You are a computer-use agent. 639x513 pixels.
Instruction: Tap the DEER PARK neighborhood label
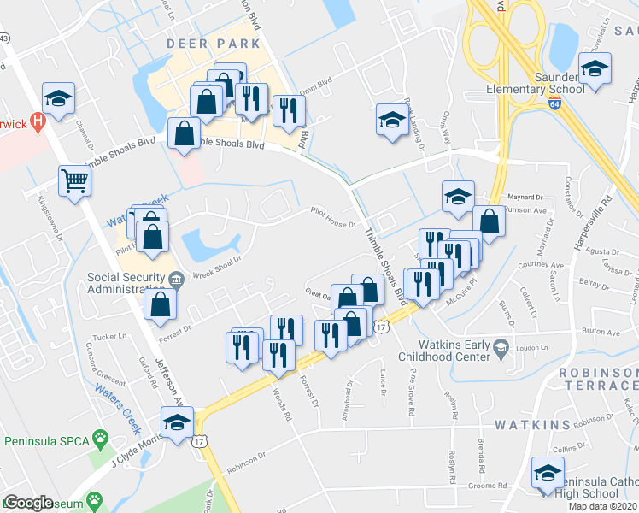[x=214, y=43]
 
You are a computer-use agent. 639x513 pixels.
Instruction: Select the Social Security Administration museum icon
[x=176, y=277]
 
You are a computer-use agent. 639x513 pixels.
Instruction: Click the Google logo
[x=29, y=503]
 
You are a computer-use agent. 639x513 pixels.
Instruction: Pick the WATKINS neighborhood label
[x=532, y=425]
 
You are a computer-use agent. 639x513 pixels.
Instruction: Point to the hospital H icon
[x=37, y=121]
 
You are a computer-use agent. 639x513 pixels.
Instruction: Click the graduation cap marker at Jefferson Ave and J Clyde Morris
[x=177, y=423]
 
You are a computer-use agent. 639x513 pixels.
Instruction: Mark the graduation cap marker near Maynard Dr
[x=458, y=198]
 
